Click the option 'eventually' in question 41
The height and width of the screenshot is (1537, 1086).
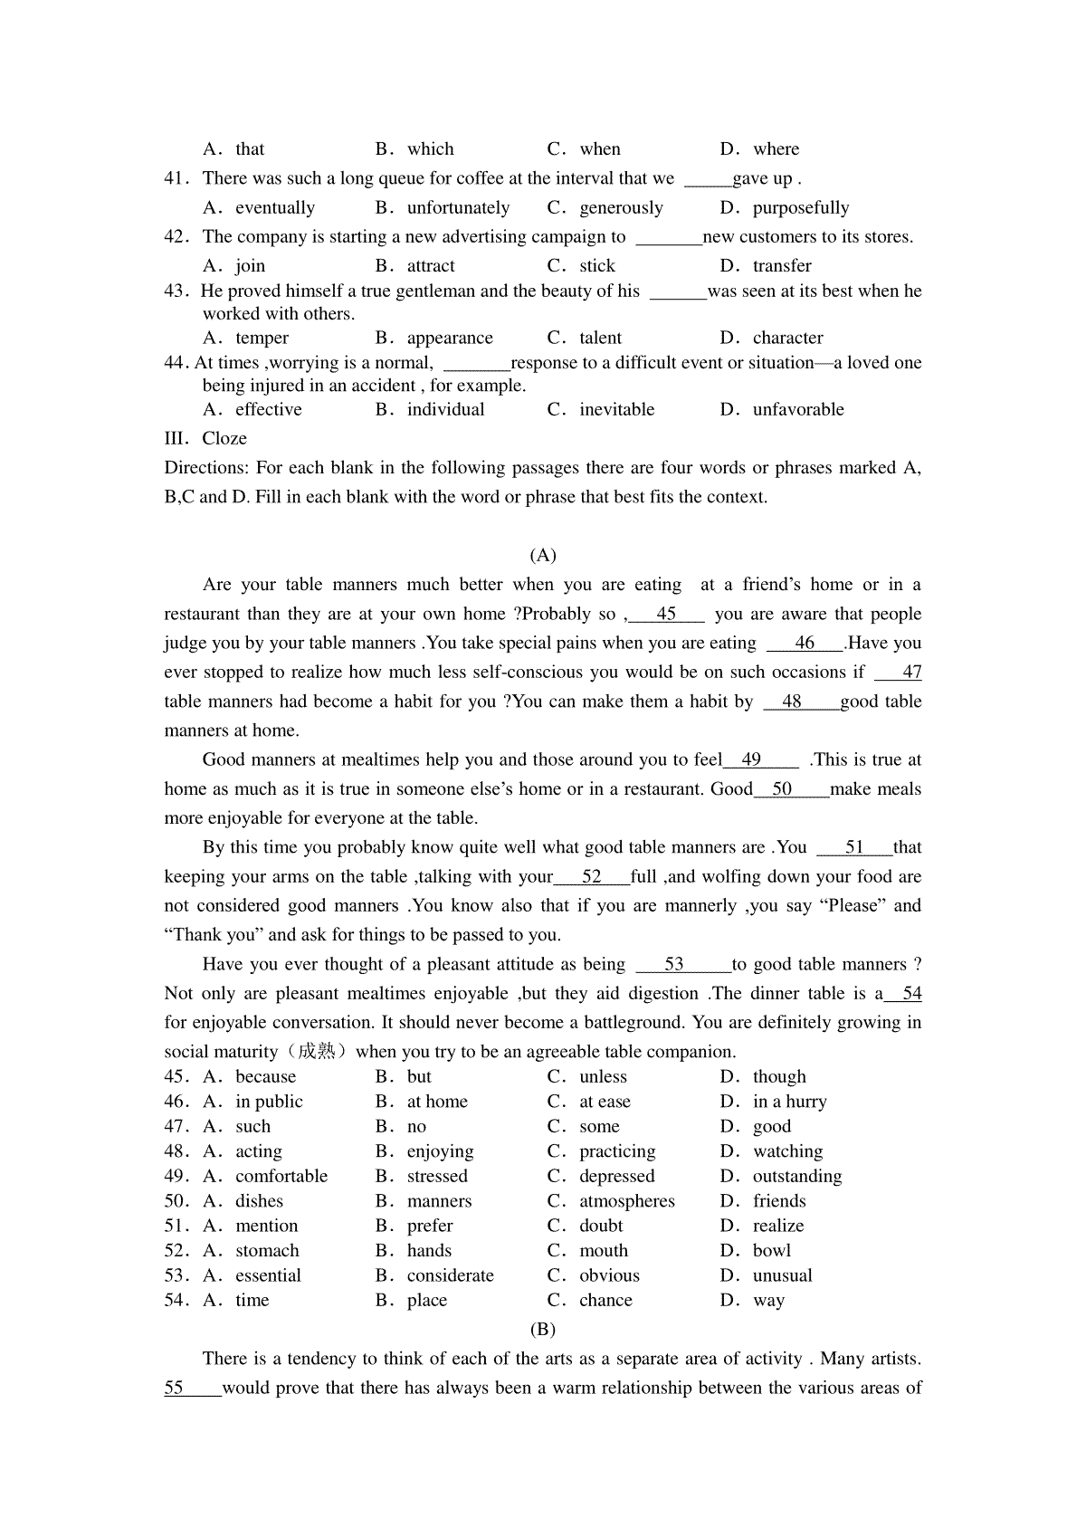pyautogui.click(x=275, y=208)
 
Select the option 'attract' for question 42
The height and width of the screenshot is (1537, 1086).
pyautogui.click(x=431, y=266)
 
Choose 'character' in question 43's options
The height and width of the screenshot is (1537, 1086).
pyautogui.click(x=787, y=339)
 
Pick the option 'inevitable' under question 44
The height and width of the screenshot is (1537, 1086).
pyautogui.click(x=616, y=410)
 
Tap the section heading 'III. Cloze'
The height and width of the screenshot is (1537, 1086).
pyautogui.click(x=205, y=439)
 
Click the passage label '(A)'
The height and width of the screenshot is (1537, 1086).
pyautogui.click(x=543, y=556)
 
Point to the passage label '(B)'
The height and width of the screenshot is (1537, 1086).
pyautogui.click(x=543, y=1330)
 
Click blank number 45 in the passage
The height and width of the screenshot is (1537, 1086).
pyautogui.click(x=667, y=615)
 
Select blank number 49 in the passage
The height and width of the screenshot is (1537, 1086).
pyautogui.click(x=752, y=760)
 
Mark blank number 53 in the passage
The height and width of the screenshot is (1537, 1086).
pyautogui.click(x=674, y=965)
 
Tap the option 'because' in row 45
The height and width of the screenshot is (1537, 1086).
pyautogui.click(x=265, y=1077)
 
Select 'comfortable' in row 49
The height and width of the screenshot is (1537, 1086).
pyautogui.click(x=281, y=1177)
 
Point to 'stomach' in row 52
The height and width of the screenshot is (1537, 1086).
pyautogui.click(x=267, y=1251)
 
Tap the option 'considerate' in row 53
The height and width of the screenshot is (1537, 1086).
pyautogui.click(x=451, y=1276)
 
